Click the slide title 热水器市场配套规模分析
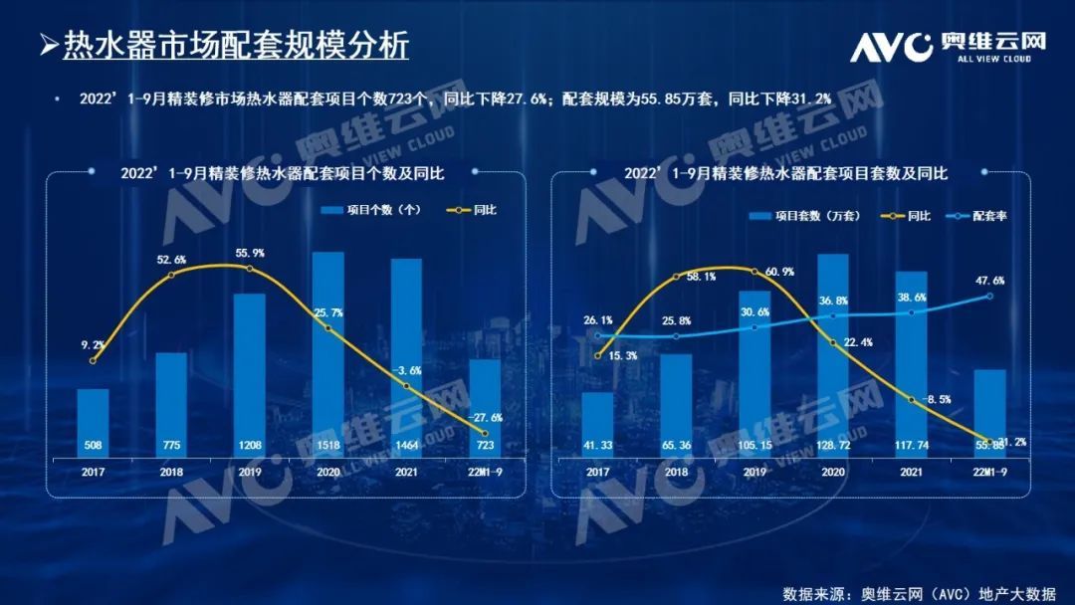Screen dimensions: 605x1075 pos(236,46)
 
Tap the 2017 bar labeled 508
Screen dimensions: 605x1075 pos(93,422)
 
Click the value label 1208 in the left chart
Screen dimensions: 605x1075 pos(249,444)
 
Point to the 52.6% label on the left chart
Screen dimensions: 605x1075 pos(171,260)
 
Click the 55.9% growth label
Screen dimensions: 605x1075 pos(250,254)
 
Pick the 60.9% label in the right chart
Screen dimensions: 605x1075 pos(754,272)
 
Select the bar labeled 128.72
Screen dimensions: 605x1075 pos(833,353)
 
